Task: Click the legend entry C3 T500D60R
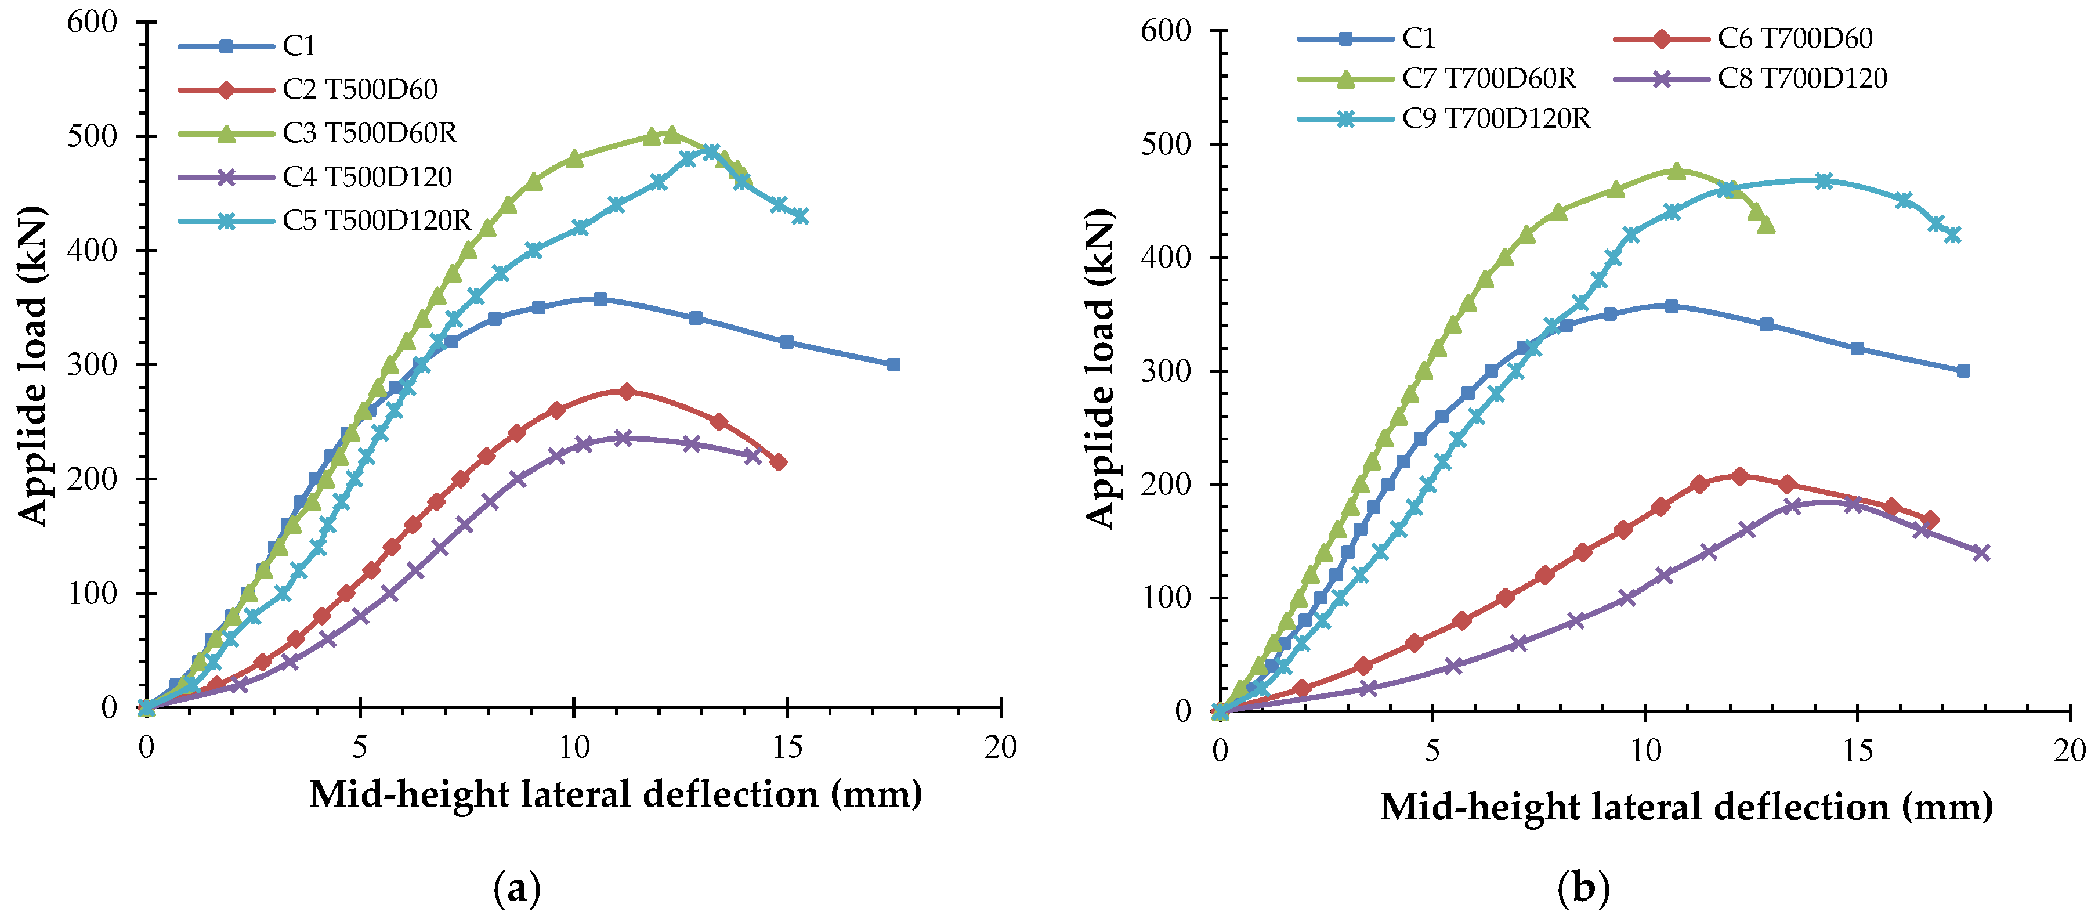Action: pos(370,132)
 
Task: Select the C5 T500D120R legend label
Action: pos(377,220)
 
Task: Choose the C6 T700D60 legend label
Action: pos(1795,38)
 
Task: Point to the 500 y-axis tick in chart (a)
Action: pos(92,136)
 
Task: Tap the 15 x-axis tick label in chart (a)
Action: pos(787,747)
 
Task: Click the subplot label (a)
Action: pos(517,889)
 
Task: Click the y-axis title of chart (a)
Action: pos(32,365)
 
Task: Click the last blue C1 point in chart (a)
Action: pos(893,364)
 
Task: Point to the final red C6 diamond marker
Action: pos(1930,519)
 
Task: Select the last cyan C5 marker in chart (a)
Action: pos(800,216)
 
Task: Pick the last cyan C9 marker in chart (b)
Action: pos(1953,234)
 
